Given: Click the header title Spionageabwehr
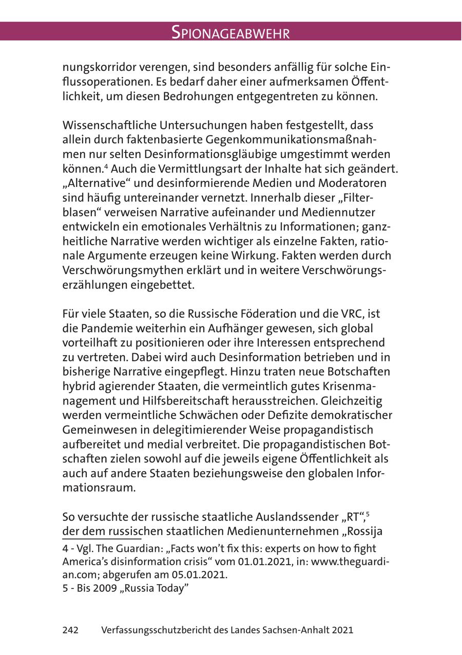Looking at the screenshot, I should coord(230,33).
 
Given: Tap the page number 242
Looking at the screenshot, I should coord(70,630).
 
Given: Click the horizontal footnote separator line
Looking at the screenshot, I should coord(102,539).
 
